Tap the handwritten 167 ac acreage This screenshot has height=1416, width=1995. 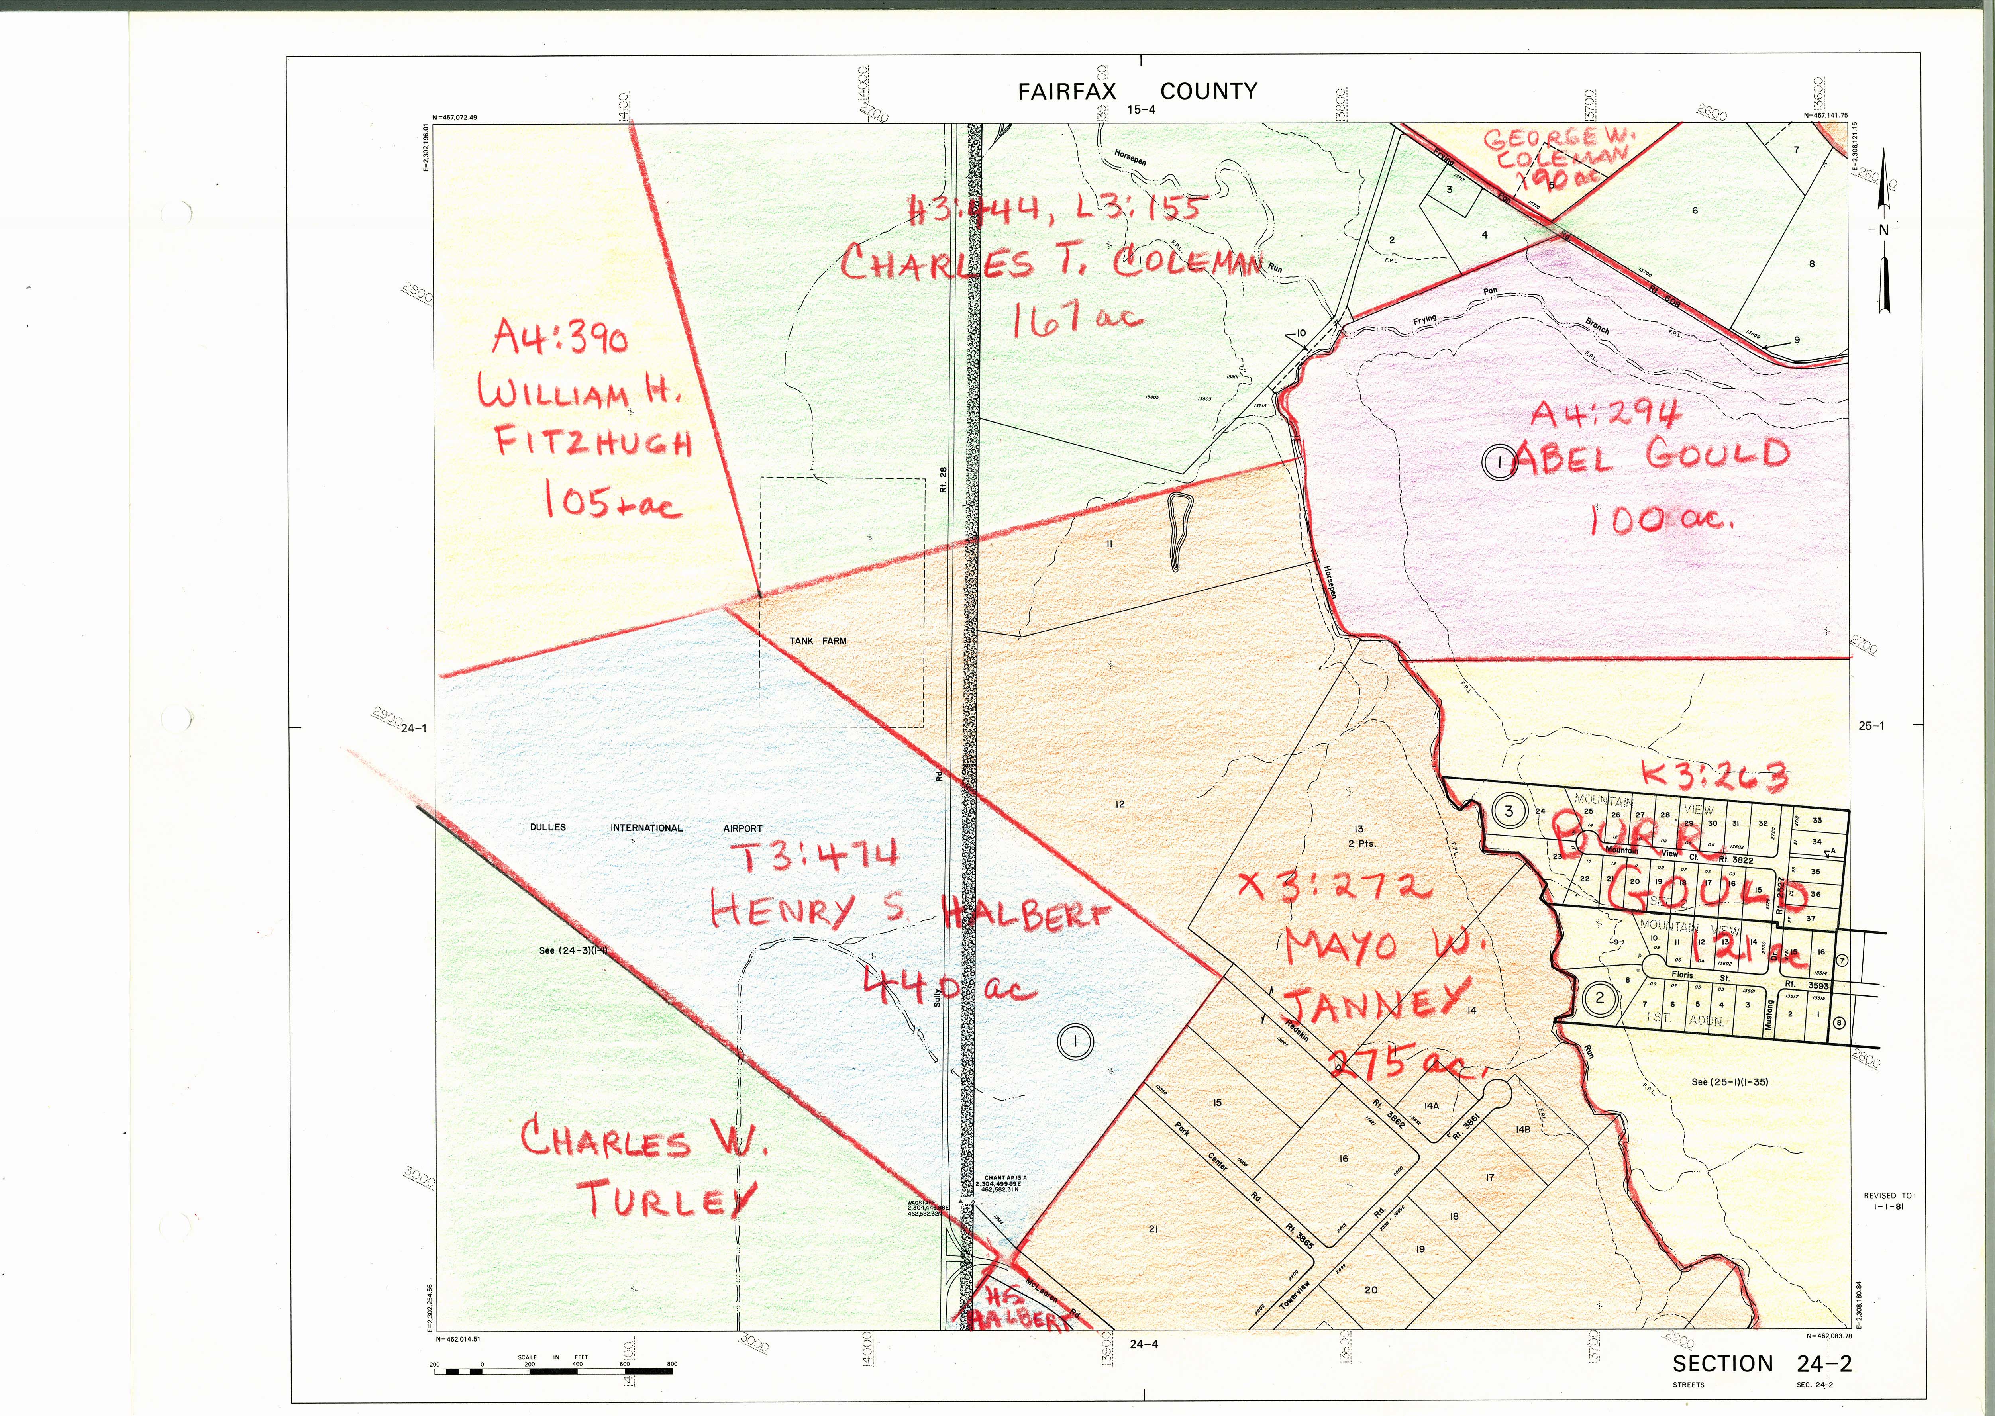pos(1076,321)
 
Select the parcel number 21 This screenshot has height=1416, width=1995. pos(1153,1230)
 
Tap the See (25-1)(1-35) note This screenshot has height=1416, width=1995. pos(1729,1082)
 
